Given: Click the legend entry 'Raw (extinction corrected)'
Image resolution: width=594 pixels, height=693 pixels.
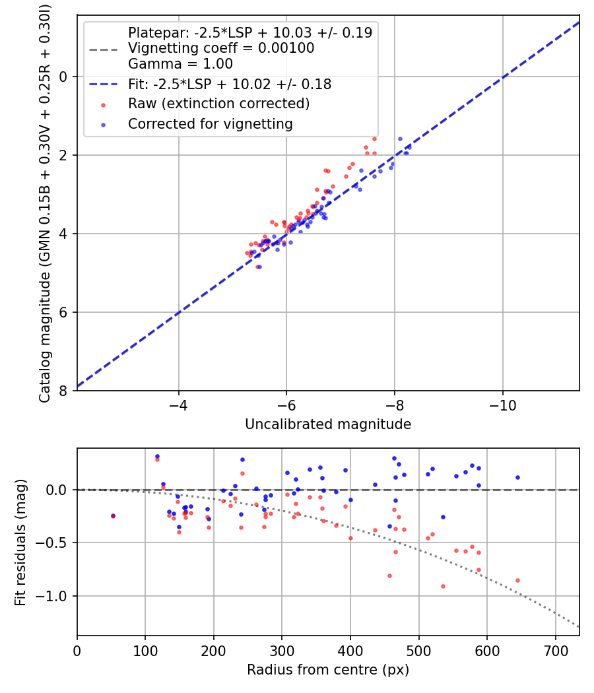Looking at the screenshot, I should (218, 104).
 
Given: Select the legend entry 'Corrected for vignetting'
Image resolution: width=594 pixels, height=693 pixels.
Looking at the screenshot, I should (211, 123).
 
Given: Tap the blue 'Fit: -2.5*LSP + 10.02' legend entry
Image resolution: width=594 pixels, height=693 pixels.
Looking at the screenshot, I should (229, 84).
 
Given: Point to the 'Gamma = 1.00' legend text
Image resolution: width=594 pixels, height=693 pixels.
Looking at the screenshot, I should (180, 64).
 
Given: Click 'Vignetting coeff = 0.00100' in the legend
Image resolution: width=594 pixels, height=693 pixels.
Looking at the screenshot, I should (221, 48).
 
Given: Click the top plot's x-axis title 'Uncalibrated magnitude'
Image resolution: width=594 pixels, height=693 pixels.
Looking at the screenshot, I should (328, 424).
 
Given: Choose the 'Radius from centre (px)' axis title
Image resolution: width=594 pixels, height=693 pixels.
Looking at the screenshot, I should (328, 670).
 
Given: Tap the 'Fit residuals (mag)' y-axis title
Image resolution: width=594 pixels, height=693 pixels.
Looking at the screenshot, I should (20, 542).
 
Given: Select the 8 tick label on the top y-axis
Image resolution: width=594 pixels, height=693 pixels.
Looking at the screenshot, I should (64, 391).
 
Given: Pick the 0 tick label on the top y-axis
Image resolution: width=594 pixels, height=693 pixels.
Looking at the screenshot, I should (64, 77).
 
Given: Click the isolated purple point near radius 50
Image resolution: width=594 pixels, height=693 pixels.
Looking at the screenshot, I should (113, 516).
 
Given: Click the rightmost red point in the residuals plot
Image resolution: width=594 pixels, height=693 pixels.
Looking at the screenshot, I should (517, 580).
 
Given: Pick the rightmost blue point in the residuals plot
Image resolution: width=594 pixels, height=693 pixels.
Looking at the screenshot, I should (517, 477).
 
